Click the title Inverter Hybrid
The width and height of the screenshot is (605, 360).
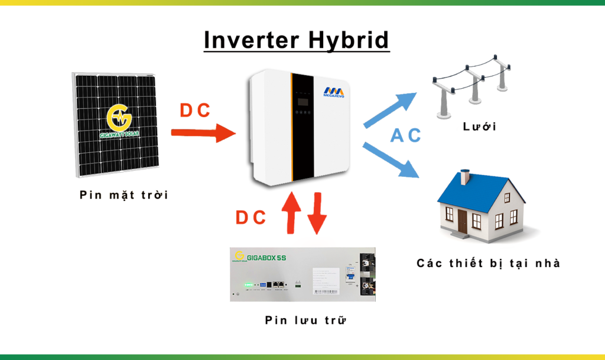(x=297, y=40)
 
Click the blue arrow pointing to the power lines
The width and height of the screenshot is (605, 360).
(x=391, y=109)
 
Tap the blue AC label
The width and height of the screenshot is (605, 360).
(x=405, y=135)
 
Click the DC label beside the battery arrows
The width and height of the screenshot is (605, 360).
(x=251, y=218)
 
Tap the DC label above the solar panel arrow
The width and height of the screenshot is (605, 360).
(x=195, y=111)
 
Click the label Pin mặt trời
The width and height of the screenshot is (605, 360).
(x=124, y=194)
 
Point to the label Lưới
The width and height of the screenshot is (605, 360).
(x=479, y=127)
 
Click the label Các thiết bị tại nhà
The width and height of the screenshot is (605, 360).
(x=488, y=263)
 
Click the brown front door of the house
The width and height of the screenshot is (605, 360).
(x=462, y=220)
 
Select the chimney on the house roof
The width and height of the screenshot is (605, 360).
(x=466, y=176)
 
